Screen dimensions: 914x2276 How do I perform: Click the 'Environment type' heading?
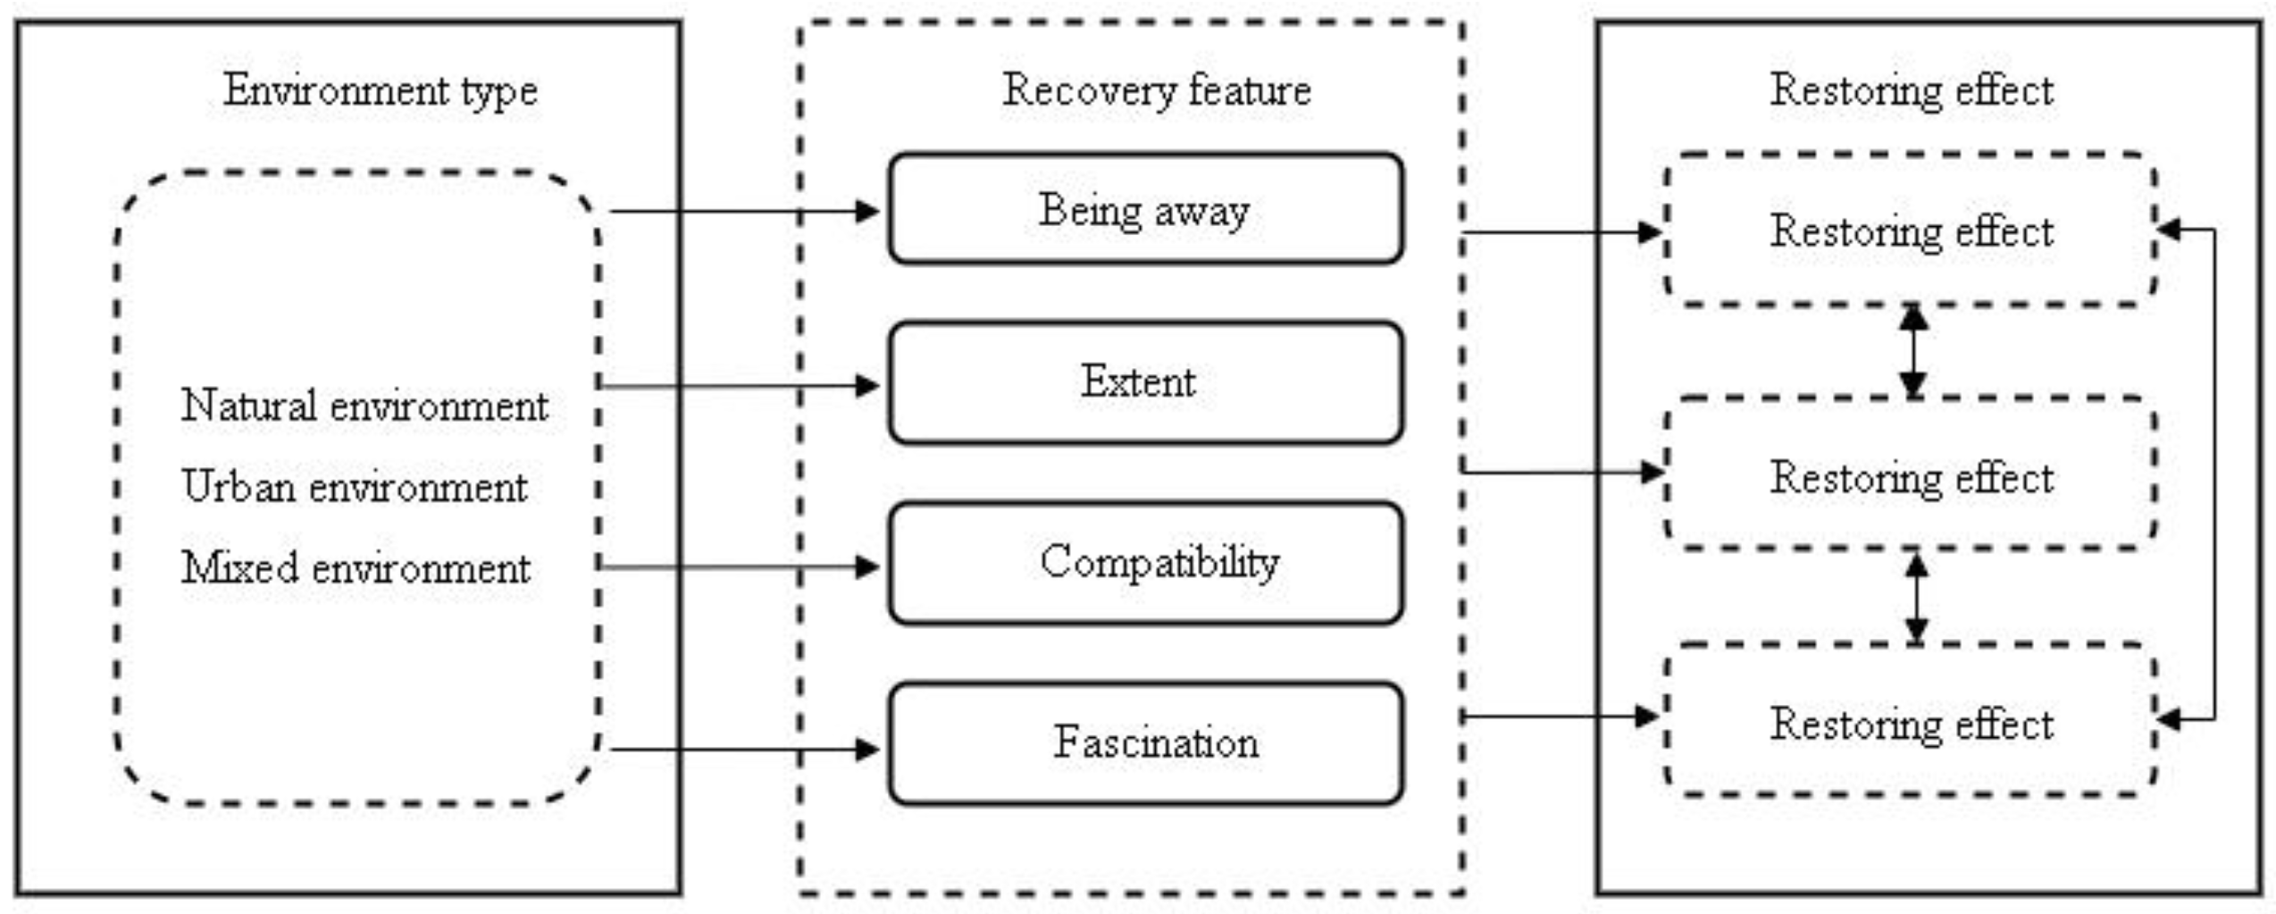pos(380,91)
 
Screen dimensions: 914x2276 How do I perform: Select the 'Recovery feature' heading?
pos(1156,91)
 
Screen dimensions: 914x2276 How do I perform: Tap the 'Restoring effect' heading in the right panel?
pos(1912,91)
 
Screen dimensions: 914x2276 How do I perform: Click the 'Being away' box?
pos(1145,210)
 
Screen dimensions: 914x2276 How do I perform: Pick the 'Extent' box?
pos(1145,382)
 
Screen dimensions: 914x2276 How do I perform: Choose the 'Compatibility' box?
pos(1145,563)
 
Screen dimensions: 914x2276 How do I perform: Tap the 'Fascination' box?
pos(1145,743)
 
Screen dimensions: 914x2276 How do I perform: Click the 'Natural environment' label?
pos(364,407)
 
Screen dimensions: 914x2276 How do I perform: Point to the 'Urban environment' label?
pos(355,488)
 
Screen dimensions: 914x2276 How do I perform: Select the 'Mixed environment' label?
pos(356,568)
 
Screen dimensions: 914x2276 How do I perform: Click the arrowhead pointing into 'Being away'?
pos(866,212)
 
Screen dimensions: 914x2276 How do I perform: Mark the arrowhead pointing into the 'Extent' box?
pos(866,386)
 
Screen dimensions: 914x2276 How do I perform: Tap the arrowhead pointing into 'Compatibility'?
pos(866,566)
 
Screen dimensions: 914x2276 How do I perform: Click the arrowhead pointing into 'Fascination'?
pos(866,749)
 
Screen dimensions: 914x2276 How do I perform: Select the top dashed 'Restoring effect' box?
pos(1912,231)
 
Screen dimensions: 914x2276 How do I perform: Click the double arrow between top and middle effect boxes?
pos(1912,351)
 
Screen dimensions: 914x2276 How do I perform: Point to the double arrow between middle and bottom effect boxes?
pos(1916,597)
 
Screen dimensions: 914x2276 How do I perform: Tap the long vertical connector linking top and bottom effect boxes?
pos(2214,474)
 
